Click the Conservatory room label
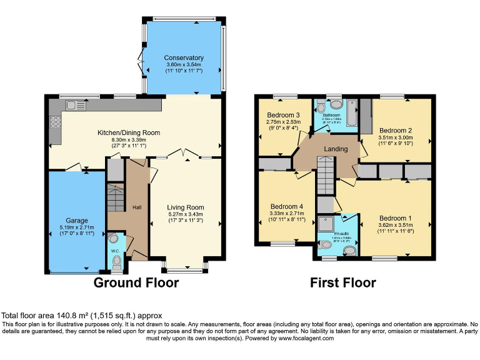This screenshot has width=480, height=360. tap(184, 58)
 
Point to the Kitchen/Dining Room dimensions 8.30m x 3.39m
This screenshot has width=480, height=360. tap(128, 140)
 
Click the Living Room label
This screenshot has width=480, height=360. tap(185, 207)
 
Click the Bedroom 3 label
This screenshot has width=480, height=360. tap(283, 115)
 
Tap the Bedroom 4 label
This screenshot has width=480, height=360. tap(287, 206)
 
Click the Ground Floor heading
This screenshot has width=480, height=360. tap(136, 282)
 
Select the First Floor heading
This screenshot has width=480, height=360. tap(343, 282)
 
